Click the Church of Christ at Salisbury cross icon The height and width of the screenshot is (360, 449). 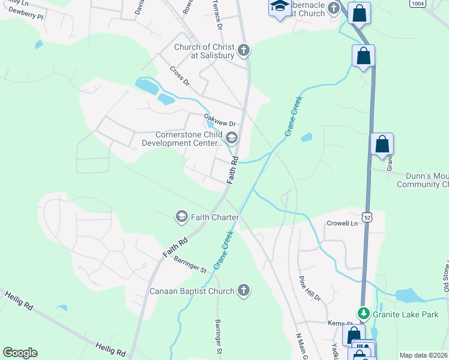click(244, 50)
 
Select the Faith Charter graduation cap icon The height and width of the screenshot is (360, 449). click(182, 217)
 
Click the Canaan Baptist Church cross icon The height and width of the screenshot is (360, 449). click(243, 291)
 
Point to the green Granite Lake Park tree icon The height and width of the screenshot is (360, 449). click(363, 313)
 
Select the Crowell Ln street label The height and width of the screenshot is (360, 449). click(342, 223)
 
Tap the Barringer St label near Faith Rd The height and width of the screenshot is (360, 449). click(190, 265)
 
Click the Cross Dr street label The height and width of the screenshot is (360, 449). click(179, 76)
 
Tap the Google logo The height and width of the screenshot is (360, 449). click(20, 353)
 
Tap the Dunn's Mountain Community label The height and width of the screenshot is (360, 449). click(423, 180)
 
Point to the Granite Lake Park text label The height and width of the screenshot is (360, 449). click(410, 314)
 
